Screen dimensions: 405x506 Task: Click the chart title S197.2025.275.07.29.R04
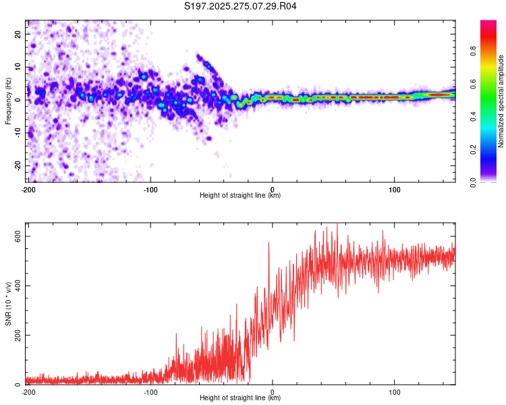(x=241, y=7)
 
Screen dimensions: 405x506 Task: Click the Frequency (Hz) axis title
(x=8, y=101)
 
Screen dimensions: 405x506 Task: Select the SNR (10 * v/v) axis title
(x=8, y=307)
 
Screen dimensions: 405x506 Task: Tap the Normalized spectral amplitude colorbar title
(x=501, y=101)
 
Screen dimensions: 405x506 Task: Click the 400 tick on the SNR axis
(x=15, y=286)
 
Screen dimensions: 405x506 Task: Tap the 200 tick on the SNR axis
(x=15, y=335)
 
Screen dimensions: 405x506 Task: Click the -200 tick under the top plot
(x=28, y=189)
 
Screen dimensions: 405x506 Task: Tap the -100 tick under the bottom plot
(x=150, y=391)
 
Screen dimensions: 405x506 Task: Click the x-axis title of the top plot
(x=240, y=196)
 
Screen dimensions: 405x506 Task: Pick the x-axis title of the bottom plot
(x=240, y=398)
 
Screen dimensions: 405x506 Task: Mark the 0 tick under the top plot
(x=273, y=189)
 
